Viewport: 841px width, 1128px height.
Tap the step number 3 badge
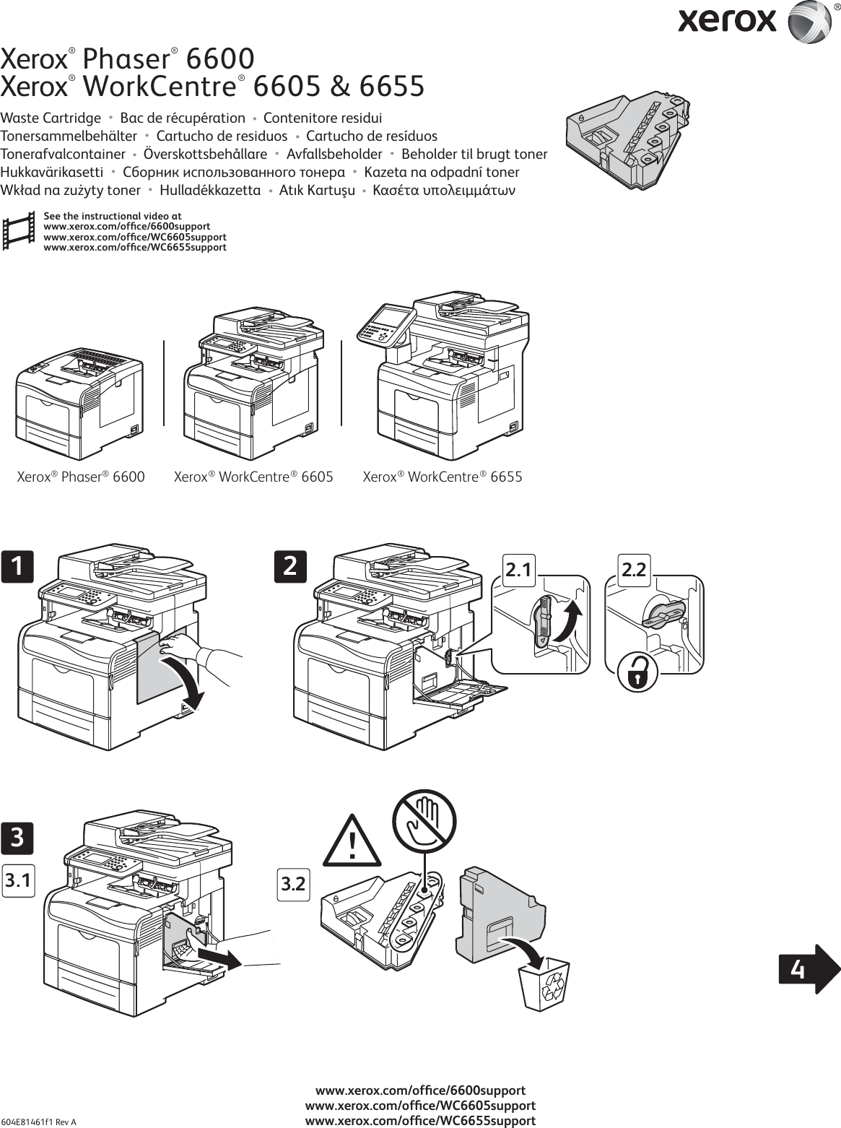[17, 838]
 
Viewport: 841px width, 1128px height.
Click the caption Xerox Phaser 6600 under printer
[80, 477]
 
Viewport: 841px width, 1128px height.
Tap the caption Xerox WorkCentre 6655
[442, 477]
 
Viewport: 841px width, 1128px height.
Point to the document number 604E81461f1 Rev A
[40, 1122]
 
